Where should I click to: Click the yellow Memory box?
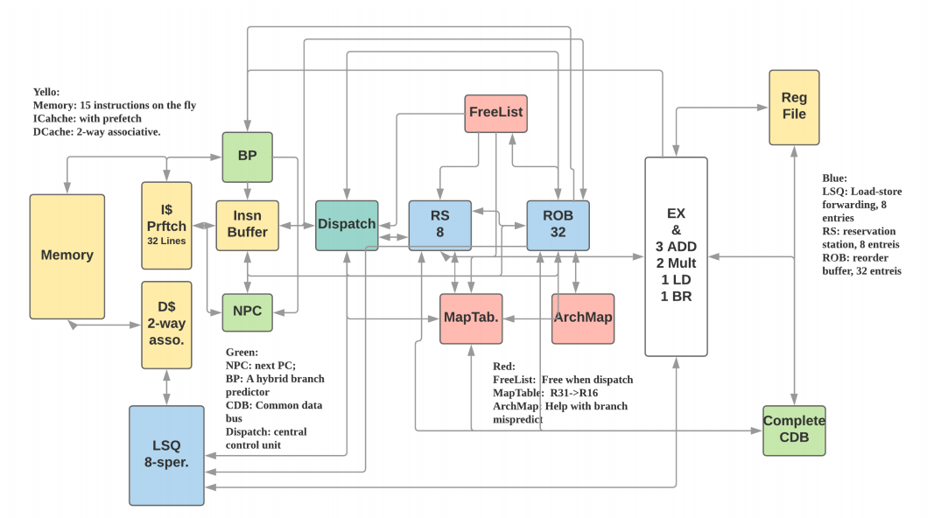[67, 255]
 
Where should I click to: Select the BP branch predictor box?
[247, 157]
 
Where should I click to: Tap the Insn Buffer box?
[247, 225]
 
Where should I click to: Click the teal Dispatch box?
[347, 225]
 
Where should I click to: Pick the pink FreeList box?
[496, 113]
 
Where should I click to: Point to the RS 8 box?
[439, 225]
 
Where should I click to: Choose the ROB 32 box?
[558, 225]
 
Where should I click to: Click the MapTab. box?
[470, 318]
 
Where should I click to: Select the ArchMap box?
[582, 318]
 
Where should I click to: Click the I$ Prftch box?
[166, 225]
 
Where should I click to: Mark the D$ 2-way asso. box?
[166, 325]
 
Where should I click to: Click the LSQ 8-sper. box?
[166, 455]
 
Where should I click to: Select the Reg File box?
[794, 107]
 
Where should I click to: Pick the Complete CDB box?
[794, 430]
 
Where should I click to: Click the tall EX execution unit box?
[676, 256]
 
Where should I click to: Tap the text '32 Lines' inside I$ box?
[166, 241]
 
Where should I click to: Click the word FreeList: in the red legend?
[515, 379]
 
